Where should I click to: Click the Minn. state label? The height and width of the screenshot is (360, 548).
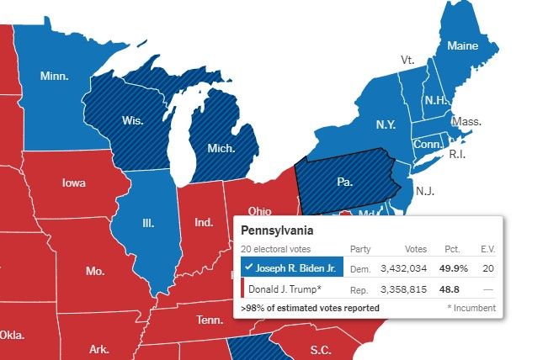pyautogui.click(x=54, y=77)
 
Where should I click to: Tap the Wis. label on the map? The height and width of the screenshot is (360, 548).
pyautogui.click(x=131, y=120)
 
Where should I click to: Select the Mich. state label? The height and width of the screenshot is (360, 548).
pyautogui.click(x=221, y=149)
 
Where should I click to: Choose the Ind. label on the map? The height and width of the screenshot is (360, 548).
pyautogui.click(x=204, y=222)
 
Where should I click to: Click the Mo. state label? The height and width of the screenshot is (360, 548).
pyautogui.click(x=95, y=271)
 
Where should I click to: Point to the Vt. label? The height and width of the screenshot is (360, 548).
pyautogui.click(x=407, y=60)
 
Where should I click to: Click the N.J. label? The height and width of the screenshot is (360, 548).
pyautogui.click(x=424, y=191)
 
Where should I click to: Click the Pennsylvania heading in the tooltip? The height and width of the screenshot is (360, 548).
pyautogui.click(x=278, y=230)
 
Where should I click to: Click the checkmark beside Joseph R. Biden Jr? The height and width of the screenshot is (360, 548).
pyautogui.click(x=248, y=267)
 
